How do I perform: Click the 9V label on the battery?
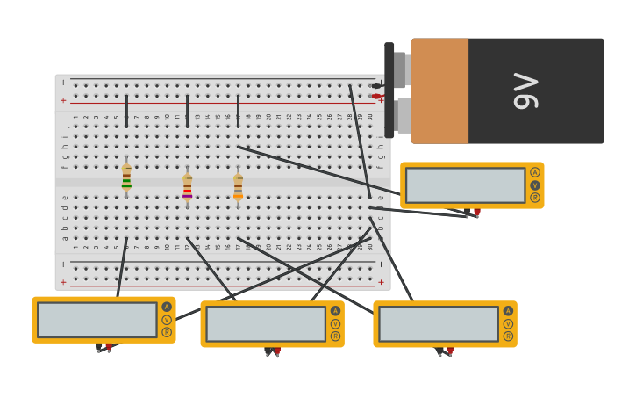[525, 90]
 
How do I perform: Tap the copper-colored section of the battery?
[439, 90]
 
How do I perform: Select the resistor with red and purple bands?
[187, 187]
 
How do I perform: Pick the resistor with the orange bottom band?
[238, 186]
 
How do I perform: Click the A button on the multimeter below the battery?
[535, 172]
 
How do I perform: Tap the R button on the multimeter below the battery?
[535, 198]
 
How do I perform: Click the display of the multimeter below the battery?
[465, 185]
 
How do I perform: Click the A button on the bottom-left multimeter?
[167, 307]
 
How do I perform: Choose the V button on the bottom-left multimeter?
[167, 320]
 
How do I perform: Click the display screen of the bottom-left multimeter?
[96, 320]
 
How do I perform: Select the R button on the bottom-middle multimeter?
[335, 336]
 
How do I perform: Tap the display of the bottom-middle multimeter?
[266, 324]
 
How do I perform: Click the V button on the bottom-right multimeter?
[508, 323]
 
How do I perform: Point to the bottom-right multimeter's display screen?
[439, 324]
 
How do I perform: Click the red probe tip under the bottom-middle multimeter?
[277, 352]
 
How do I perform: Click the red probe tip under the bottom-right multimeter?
[450, 351]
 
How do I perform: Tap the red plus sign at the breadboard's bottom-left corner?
[63, 282]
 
